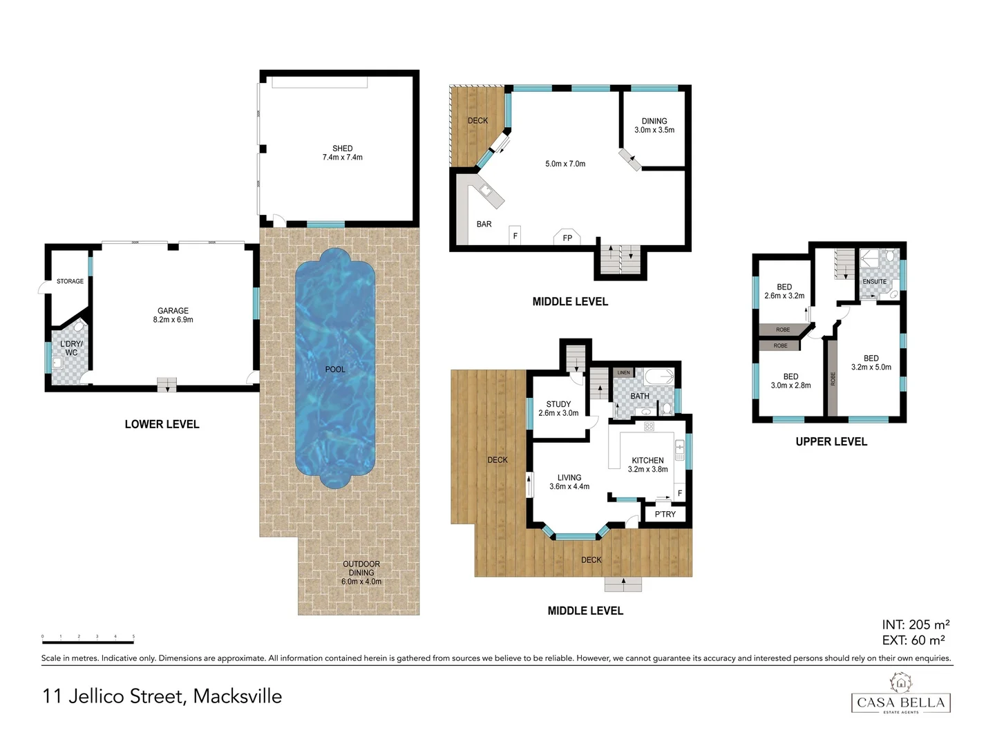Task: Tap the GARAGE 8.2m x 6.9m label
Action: pos(173,315)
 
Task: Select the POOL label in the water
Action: pos(335,370)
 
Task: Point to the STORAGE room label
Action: pos(70,281)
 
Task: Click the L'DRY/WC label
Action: pos(71,348)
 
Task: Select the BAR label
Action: pos(484,224)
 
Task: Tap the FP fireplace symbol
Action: pos(567,237)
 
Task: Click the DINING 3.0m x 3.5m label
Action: pos(654,125)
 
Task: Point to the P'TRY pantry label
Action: pos(665,514)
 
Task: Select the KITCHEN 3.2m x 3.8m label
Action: pos(647,465)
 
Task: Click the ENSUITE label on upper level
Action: pos(874,282)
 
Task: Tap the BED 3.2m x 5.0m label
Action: pos(871,363)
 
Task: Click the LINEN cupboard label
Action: pos(623,372)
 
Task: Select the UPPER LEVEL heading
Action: pos(831,441)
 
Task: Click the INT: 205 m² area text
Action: pos(915,624)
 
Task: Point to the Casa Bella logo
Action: pos(900,695)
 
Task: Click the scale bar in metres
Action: pos(88,642)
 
